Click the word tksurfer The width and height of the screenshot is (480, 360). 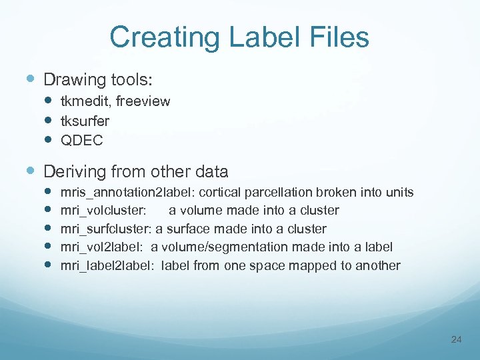coord(85,121)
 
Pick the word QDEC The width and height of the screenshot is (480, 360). coord(81,140)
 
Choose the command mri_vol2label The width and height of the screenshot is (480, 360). coord(102,247)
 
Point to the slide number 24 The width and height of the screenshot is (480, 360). coord(456,340)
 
